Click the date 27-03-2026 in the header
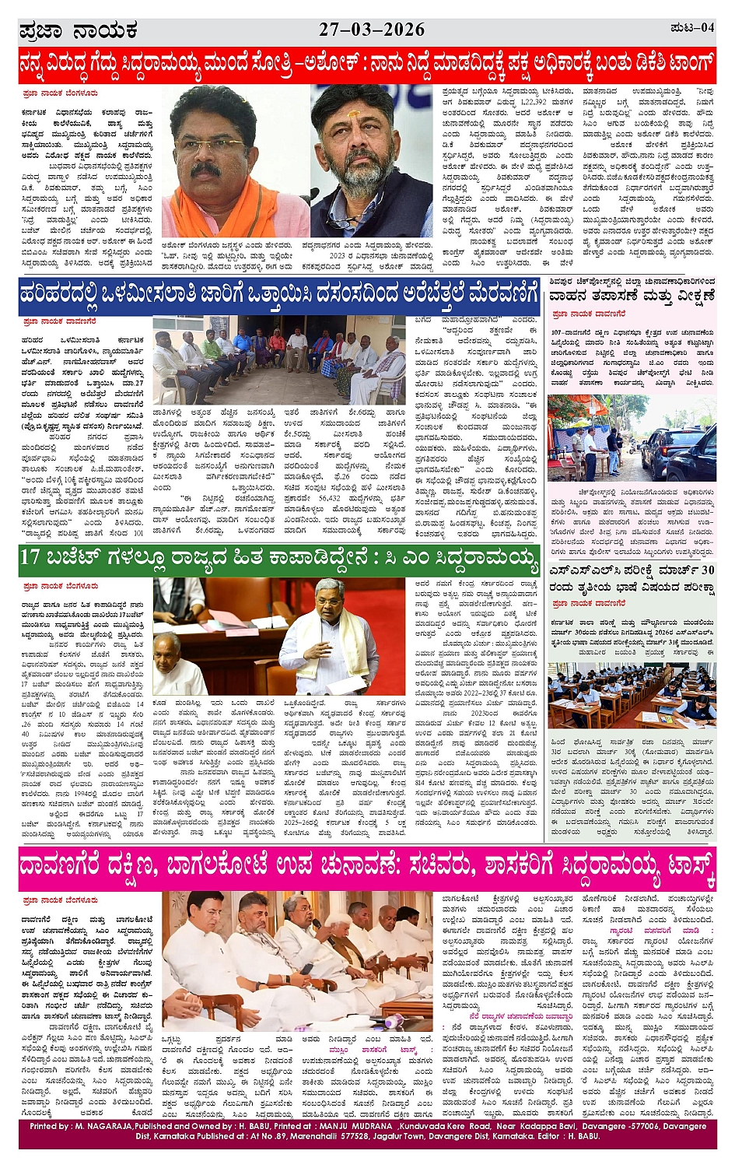pyautogui.click(x=372, y=30)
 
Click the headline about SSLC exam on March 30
pyautogui.click(x=631, y=577)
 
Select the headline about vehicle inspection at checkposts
pyautogui.click(x=631, y=296)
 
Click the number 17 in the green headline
pyautogui.click(x=30, y=557)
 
